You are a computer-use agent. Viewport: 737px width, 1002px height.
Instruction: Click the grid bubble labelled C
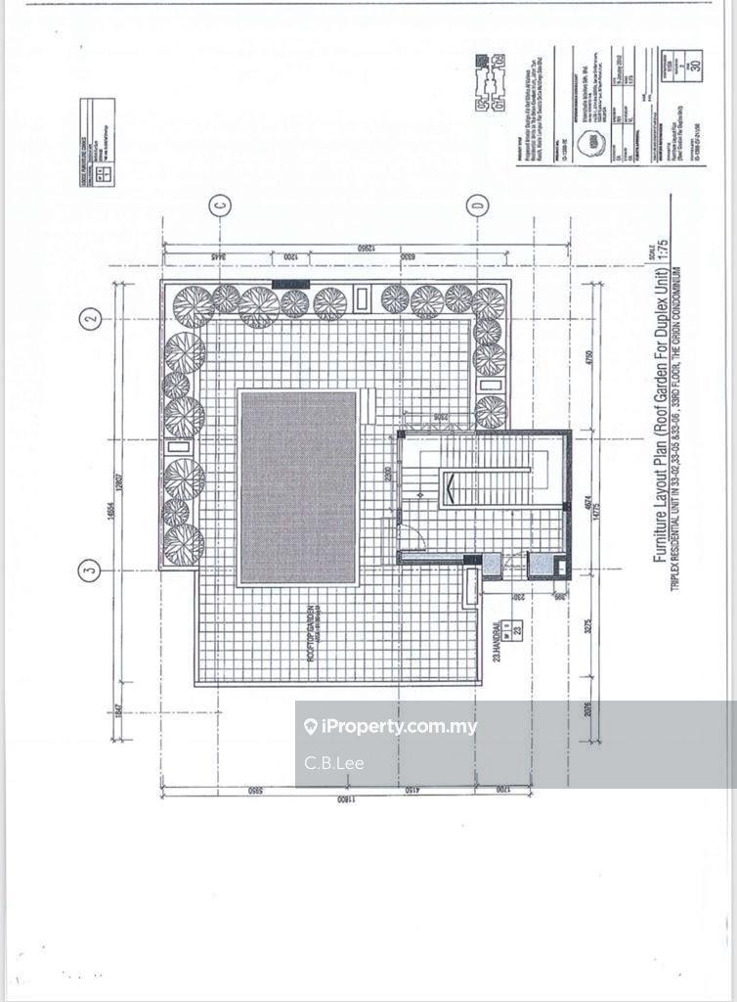221,205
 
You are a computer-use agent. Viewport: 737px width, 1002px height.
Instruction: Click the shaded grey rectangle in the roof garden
298,487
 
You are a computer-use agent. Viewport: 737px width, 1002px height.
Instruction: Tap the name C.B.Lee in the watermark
334,762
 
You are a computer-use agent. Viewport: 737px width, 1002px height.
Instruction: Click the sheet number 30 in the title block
695,67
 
